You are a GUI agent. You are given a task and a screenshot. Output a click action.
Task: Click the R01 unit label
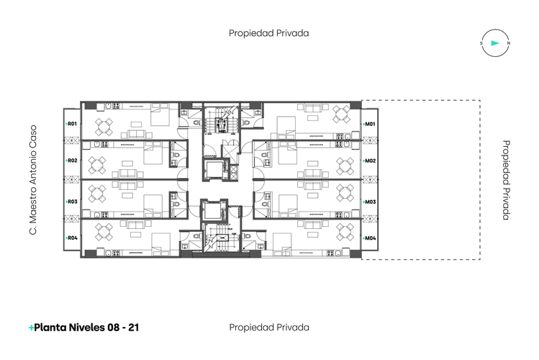point(71,124)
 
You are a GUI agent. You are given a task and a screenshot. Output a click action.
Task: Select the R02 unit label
point(71,161)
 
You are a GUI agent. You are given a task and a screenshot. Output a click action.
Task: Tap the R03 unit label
point(71,202)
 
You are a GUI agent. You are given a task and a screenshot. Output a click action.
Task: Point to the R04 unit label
point(71,238)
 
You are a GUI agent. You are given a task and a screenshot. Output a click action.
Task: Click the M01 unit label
point(369,124)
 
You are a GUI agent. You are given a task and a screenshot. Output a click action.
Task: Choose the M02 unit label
point(369,161)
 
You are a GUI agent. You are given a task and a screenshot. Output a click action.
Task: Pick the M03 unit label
point(369,202)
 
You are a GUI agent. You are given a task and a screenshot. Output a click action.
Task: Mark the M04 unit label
point(369,238)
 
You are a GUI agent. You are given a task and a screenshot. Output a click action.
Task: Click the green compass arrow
point(495,43)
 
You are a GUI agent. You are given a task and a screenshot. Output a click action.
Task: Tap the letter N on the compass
point(509,43)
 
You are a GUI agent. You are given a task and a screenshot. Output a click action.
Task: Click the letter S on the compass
point(481,43)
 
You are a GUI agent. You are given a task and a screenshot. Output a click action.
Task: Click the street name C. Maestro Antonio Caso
point(32,180)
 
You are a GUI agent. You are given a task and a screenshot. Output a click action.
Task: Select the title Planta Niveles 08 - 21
point(86,328)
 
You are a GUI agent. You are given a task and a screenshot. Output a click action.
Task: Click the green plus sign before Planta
point(31,328)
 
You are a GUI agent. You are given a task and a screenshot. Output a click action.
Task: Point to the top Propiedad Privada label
point(269,33)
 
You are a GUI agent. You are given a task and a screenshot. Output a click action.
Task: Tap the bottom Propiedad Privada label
point(269,328)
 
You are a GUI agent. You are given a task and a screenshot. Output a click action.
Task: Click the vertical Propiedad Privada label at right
point(506,180)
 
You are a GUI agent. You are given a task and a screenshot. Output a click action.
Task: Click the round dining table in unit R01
point(104,127)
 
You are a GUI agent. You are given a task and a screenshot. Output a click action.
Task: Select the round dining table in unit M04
point(345,232)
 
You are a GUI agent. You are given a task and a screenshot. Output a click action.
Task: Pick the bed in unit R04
point(161,245)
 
